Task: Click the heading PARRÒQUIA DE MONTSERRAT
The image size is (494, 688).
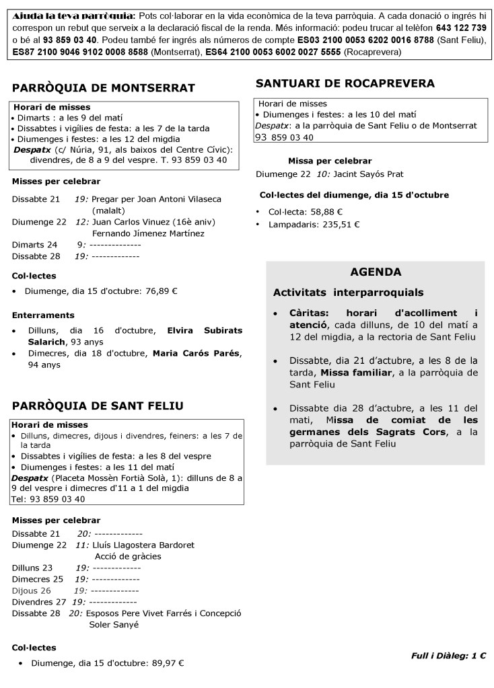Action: (104, 87)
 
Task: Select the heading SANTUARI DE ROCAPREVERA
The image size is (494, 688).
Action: (345, 83)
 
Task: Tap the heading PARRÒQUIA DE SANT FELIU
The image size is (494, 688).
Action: (98, 405)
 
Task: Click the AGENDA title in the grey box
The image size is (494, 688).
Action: (376, 272)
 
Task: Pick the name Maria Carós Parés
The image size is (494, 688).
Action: (196, 353)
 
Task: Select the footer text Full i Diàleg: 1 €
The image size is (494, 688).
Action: (449, 655)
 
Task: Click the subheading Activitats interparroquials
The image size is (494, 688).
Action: (348, 293)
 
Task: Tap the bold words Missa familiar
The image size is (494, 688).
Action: (356, 372)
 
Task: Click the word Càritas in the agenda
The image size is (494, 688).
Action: (308, 313)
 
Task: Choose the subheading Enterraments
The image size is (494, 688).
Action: (43, 315)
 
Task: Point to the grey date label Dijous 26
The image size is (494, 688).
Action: (32, 590)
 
